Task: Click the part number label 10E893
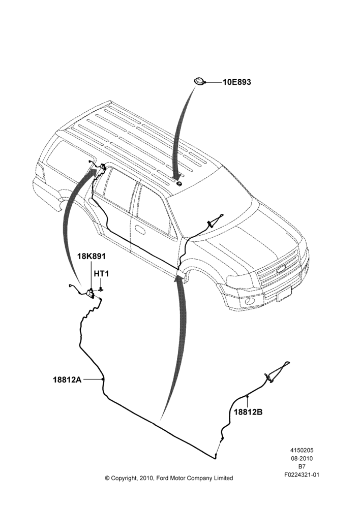[237, 82]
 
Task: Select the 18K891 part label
[92, 256]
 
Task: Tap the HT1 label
[102, 274]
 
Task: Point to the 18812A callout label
[67, 379]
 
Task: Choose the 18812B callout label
[249, 412]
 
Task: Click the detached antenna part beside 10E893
[199, 82]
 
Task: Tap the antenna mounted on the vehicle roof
[179, 184]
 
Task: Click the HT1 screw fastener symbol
[101, 289]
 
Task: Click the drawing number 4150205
[302, 450]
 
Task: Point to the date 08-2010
[302, 458]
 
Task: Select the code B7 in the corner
[302, 466]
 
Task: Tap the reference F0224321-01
[302, 475]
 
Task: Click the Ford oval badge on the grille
[281, 269]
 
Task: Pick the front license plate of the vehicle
[284, 294]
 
